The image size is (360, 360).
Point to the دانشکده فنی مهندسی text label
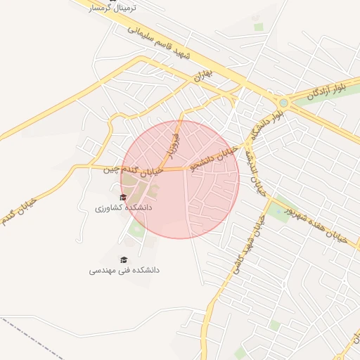(124, 269)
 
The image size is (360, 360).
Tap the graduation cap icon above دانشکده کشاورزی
(124, 198)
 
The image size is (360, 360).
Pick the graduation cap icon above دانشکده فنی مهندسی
(124, 259)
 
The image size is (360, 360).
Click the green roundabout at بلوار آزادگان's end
(283, 102)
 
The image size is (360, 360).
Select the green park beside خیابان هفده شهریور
(280, 209)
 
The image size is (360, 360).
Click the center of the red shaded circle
(180, 179)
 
